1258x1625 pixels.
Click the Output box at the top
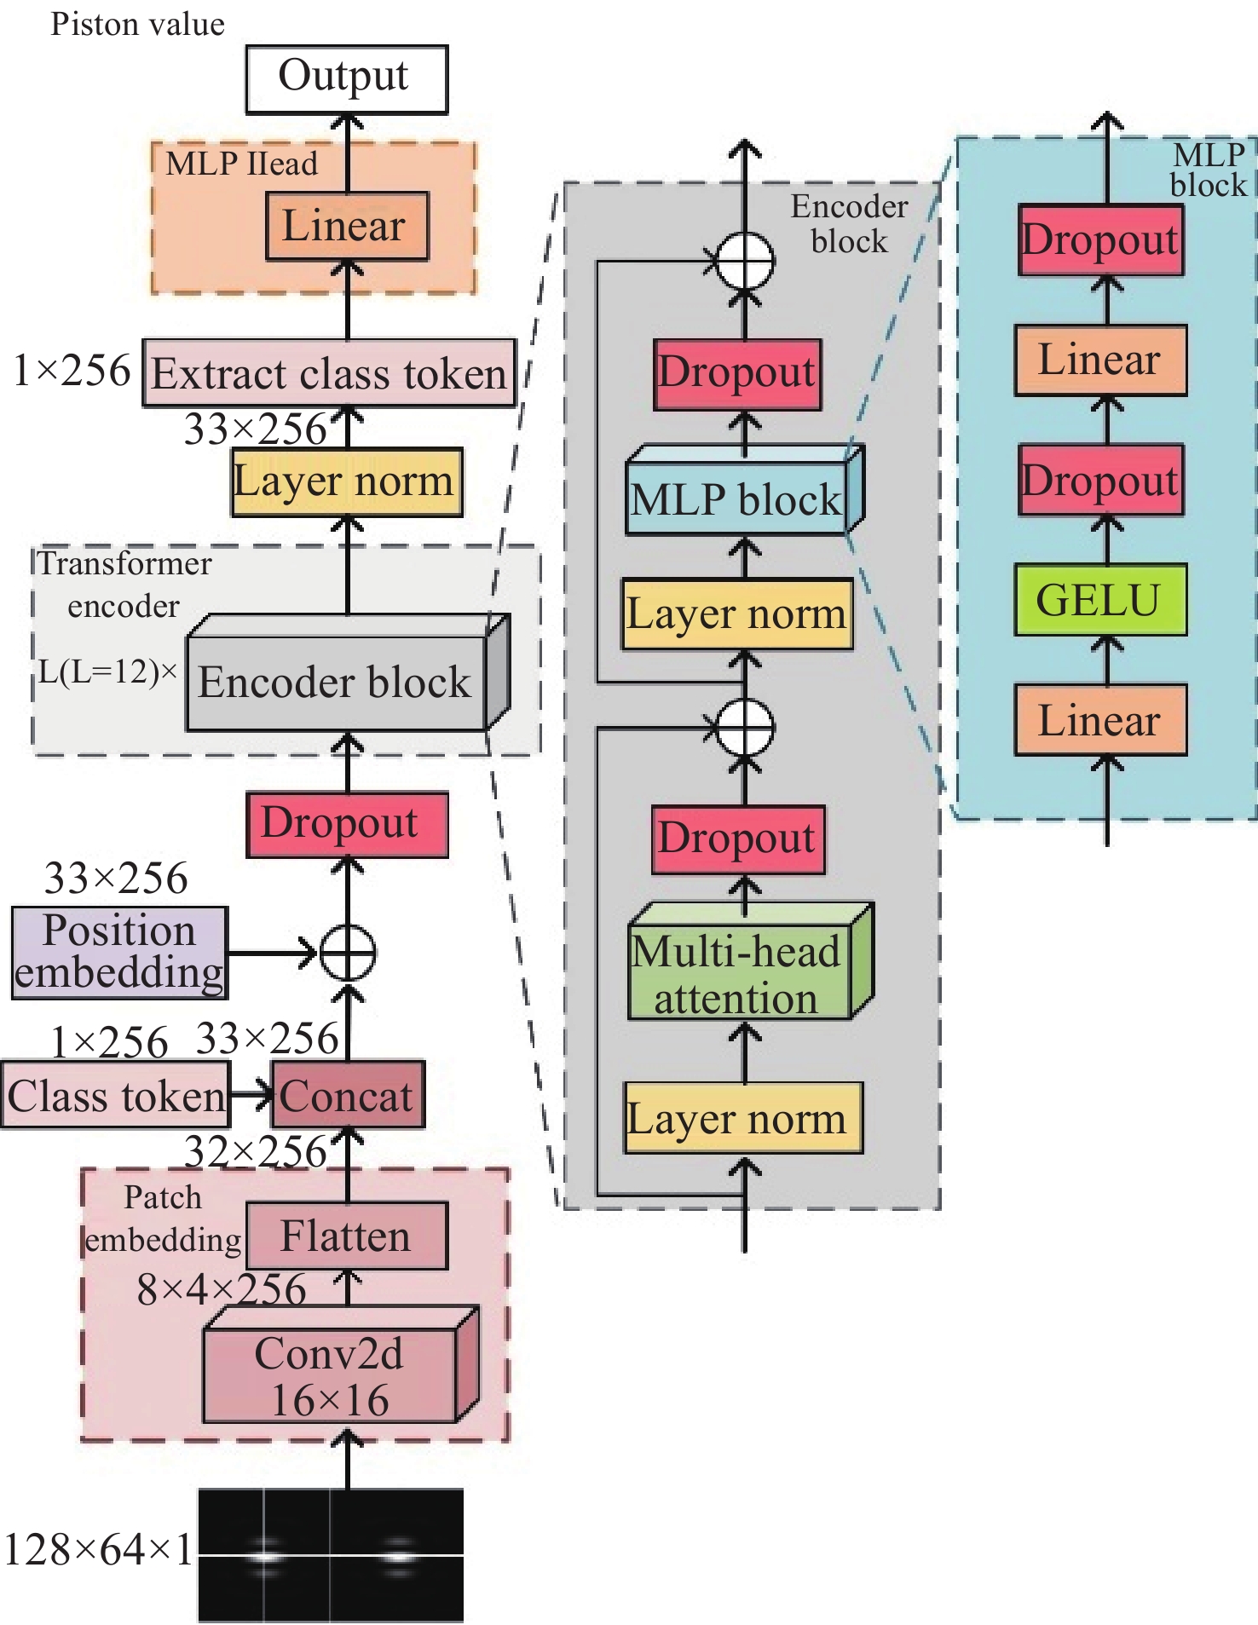(x=346, y=78)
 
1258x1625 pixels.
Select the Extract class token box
(x=329, y=373)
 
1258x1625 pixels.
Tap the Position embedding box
(x=120, y=952)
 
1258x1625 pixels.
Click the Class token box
(x=116, y=1095)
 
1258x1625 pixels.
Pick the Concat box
(x=347, y=1095)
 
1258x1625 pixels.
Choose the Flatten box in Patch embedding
(x=346, y=1236)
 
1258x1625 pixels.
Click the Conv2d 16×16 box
(x=331, y=1376)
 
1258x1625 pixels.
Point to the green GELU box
(x=1099, y=600)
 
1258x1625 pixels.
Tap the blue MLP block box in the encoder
(x=736, y=498)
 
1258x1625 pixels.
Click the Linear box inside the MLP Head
(x=346, y=226)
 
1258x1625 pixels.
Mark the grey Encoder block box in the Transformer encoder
(x=336, y=683)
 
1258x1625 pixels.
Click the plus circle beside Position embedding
(x=347, y=952)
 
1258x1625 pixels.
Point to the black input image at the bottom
(x=331, y=1555)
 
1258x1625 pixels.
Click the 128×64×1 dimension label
(x=98, y=1550)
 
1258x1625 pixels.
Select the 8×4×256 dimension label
(x=221, y=1289)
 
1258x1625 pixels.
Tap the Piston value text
(x=137, y=24)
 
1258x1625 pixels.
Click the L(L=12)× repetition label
(x=107, y=672)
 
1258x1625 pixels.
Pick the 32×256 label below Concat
(x=256, y=1151)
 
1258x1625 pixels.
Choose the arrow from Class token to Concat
(x=251, y=1095)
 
